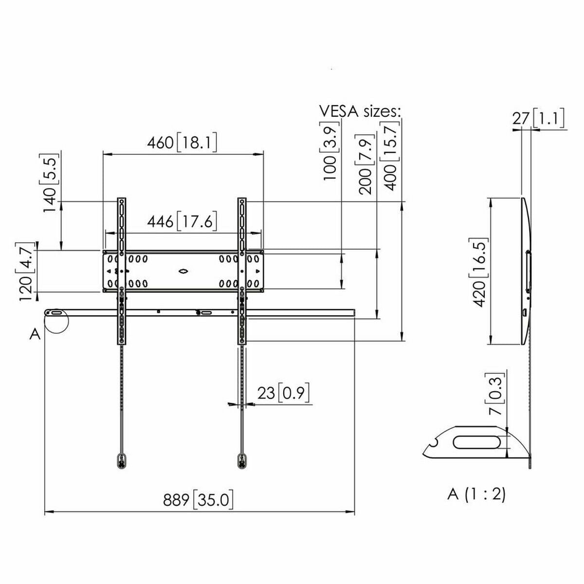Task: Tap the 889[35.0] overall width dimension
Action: [199, 500]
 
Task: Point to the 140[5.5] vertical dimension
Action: [51, 182]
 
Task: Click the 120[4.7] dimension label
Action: [27, 271]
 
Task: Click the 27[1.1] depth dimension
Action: [538, 118]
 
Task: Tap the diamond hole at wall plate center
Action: [183, 271]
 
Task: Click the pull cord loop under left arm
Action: [121, 460]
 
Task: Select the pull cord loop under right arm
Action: [242, 460]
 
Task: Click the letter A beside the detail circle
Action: [35, 334]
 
